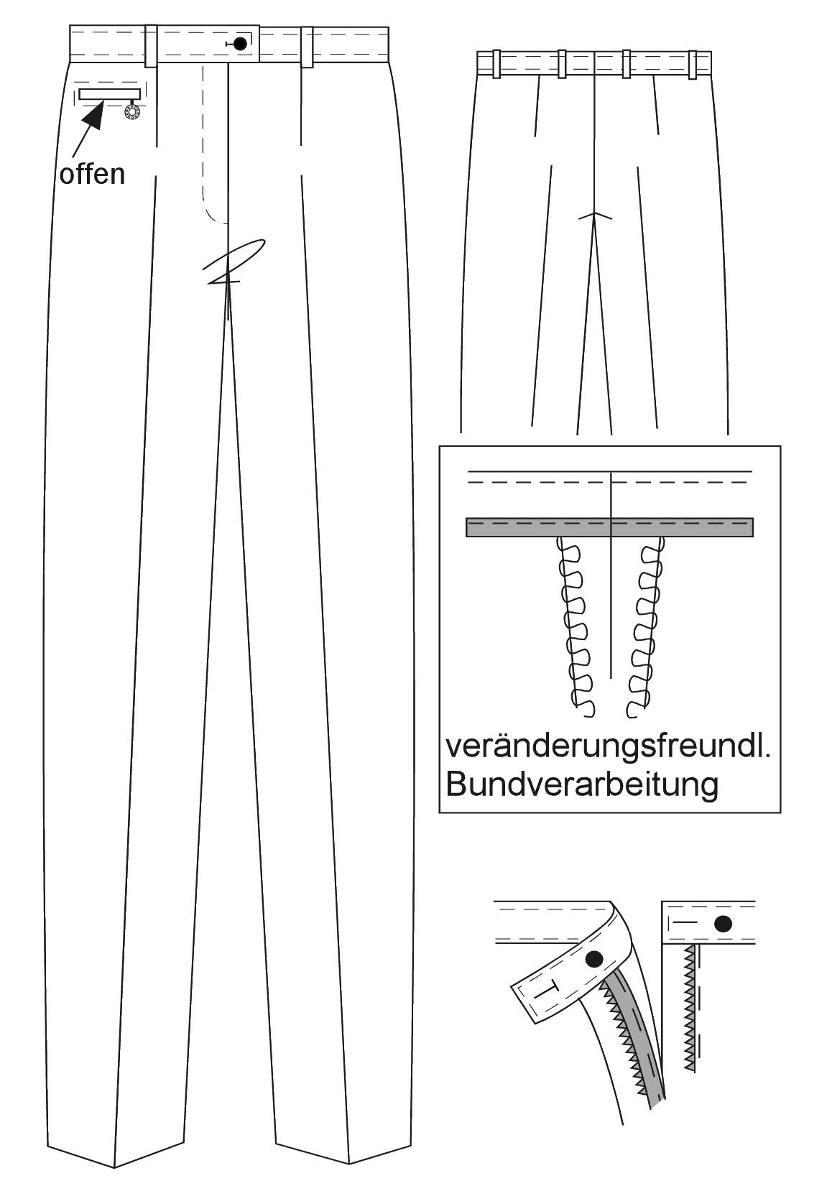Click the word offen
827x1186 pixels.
92,174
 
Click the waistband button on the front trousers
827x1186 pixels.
241,44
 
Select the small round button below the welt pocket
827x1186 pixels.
131,112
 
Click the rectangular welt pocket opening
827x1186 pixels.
110,94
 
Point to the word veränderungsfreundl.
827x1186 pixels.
608,747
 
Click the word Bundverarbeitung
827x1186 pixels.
582,784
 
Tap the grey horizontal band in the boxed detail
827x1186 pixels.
609,527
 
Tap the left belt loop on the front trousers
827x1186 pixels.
151,46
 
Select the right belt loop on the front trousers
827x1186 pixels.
307,46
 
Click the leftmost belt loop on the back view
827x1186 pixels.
496,64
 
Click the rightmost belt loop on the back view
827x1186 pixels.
693,65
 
